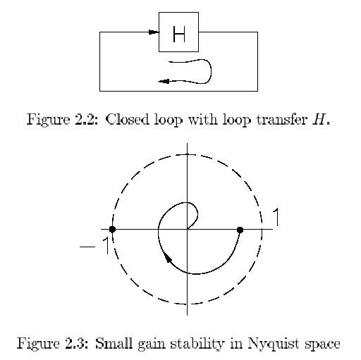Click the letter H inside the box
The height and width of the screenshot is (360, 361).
(179, 35)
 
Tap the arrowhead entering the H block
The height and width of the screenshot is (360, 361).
(154, 32)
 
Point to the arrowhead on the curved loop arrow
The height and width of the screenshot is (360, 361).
(164, 82)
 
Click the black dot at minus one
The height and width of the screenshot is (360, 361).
(112, 229)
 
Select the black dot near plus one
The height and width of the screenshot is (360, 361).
(240, 230)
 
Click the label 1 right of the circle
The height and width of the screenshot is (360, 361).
(276, 218)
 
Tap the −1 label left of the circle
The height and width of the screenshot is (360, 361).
(94, 246)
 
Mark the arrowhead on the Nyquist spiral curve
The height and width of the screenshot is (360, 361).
(168, 258)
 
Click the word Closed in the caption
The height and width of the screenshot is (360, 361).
(127, 119)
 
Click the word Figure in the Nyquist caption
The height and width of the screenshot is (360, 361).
(39, 345)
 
